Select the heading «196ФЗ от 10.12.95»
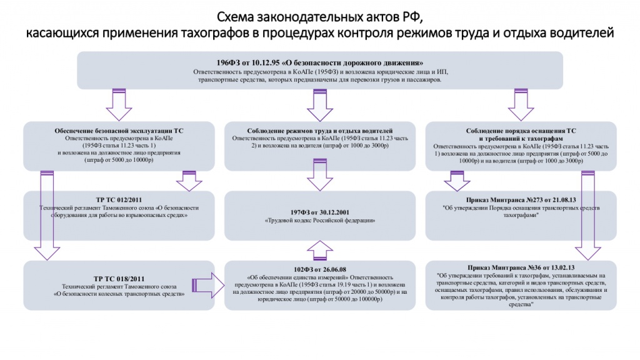(x=245, y=63)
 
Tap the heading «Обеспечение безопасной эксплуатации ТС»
(x=119, y=131)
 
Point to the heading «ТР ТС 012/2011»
(x=119, y=200)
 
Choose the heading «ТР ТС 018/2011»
(x=119, y=277)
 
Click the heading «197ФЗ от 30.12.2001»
(x=319, y=211)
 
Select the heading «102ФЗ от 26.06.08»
(x=319, y=267)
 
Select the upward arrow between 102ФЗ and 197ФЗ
(x=319, y=250)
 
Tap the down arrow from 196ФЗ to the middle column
(x=319, y=104)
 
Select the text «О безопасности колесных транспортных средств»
(x=119, y=292)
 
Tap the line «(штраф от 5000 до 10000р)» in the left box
(x=119, y=161)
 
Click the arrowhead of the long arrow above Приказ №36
(x=587, y=253)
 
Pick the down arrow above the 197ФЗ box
(x=319, y=178)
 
